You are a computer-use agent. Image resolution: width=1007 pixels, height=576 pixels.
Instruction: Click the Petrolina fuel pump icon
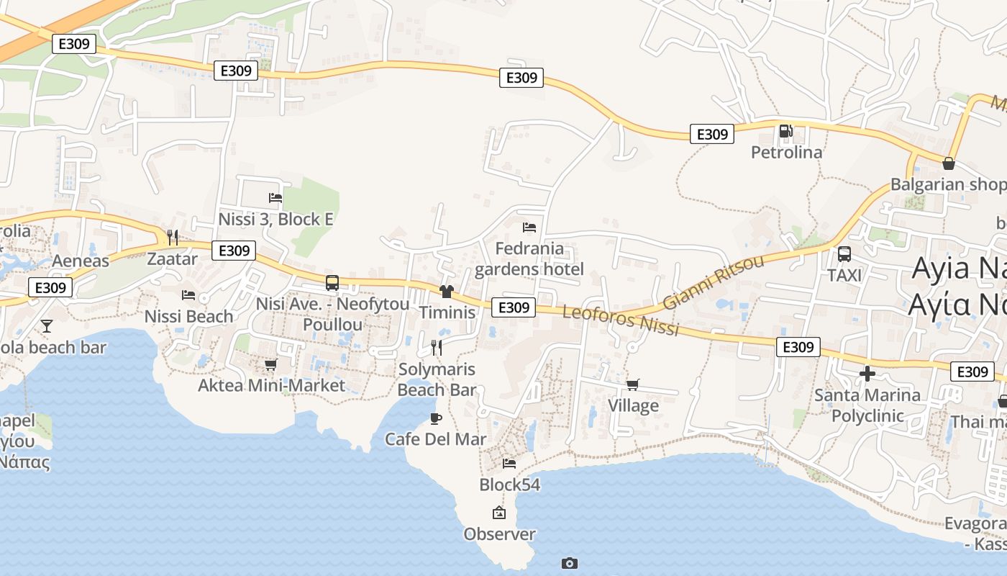click(785, 131)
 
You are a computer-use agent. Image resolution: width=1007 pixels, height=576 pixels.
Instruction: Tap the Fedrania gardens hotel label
click(529, 259)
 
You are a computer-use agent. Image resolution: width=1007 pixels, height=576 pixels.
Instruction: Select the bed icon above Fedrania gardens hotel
click(529, 228)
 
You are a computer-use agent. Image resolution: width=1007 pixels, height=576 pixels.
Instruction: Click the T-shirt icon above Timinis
click(447, 292)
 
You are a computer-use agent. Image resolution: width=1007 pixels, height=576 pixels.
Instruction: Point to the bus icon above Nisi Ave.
click(332, 283)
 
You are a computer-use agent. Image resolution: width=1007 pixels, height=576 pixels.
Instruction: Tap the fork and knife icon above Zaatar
click(172, 237)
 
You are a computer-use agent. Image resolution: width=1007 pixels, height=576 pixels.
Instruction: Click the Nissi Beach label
click(188, 316)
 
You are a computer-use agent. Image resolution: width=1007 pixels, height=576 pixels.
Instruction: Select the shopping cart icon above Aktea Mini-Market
click(270, 365)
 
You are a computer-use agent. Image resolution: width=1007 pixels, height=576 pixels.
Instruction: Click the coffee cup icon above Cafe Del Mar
click(435, 418)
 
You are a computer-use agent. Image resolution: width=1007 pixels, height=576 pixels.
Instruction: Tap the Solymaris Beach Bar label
click(437, 379)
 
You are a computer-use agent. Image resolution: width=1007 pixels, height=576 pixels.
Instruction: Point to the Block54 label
click(509, 485)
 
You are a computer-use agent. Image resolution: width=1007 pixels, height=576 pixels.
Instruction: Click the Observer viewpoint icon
click(498, 513)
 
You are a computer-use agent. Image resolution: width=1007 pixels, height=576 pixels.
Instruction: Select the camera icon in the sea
click(569, 563)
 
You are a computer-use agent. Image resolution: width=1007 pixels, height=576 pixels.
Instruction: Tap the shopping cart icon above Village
click(633, 385)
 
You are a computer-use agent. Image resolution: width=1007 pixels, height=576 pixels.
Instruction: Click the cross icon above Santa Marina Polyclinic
click(867, 374)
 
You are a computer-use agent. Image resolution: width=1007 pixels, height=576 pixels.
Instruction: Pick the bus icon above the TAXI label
click(844, 254)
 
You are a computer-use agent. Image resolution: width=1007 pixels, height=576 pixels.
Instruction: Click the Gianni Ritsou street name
click(713, 282)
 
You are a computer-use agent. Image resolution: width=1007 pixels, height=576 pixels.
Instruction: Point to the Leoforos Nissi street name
click(621, 320)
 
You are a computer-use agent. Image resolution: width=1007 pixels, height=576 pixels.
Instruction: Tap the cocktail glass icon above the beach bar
click(47, 326)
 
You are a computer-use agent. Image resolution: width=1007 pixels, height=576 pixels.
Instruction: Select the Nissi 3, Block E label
click(275, 219)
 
